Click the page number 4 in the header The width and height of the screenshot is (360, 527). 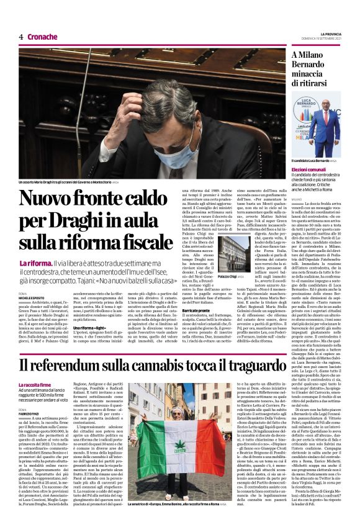coord(21,37)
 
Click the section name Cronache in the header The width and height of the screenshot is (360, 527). coord(42,37)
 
